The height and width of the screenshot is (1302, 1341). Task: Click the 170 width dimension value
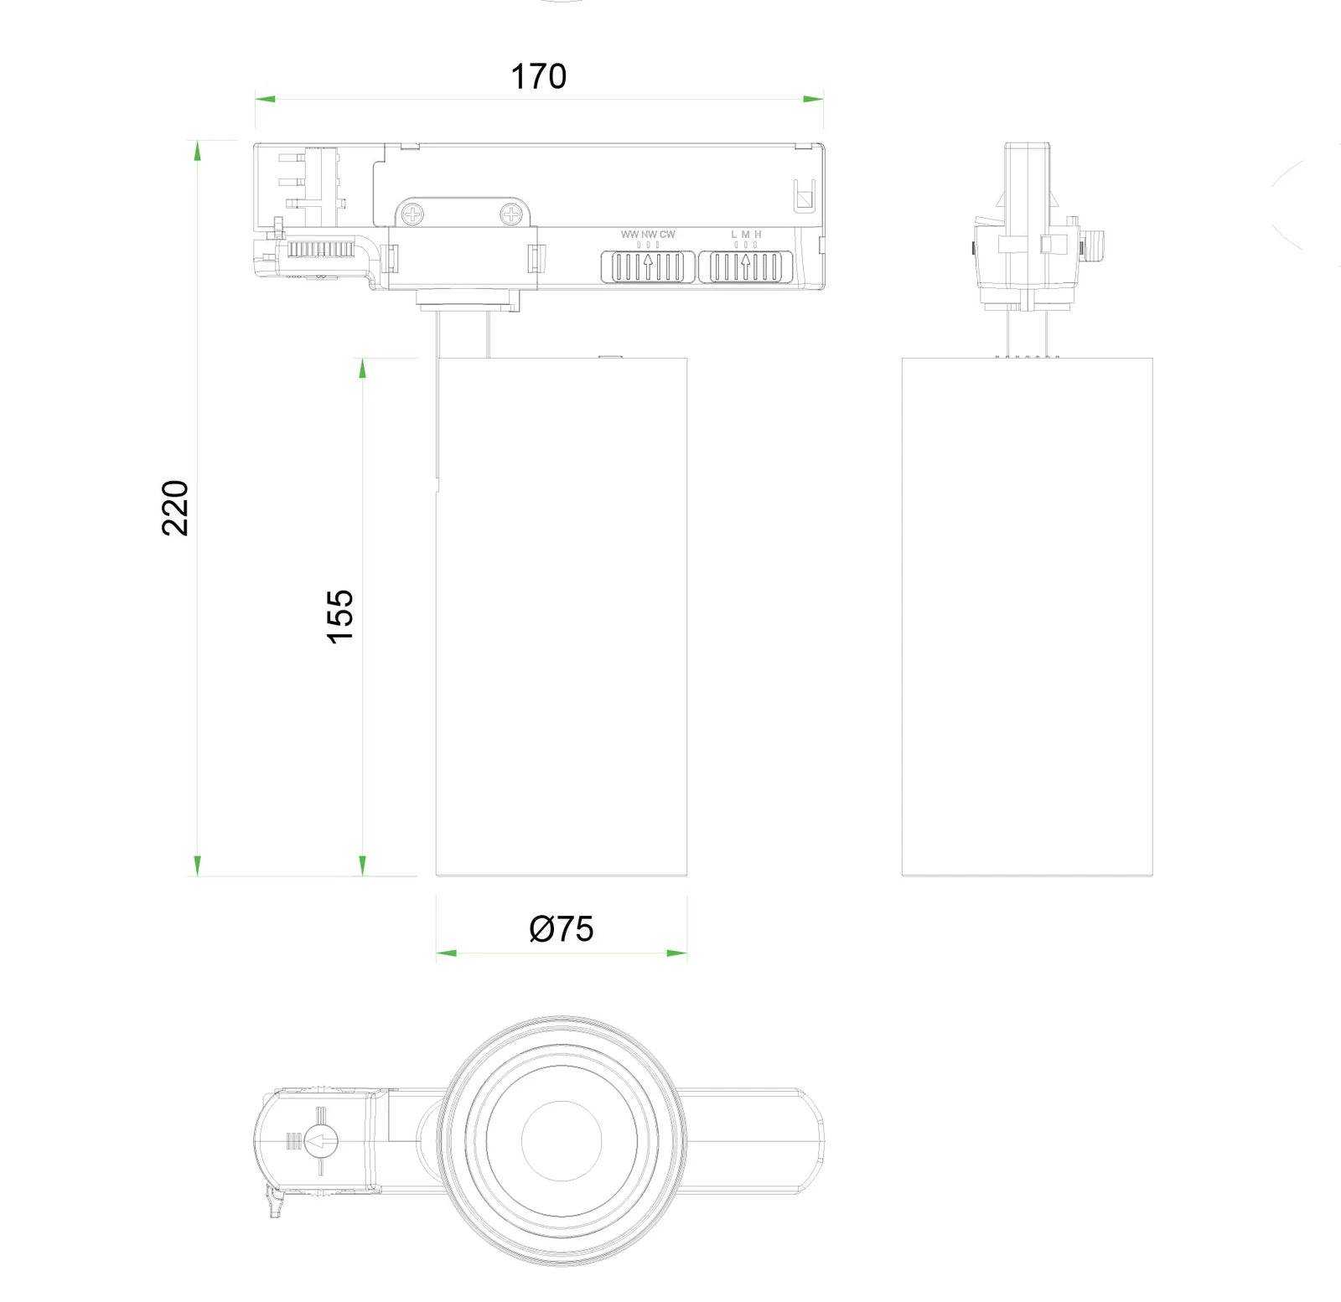click(x=538, y=76)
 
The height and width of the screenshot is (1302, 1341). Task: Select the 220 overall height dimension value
click(x=175, y=508)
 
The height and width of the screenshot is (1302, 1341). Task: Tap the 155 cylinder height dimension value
click(x=340, y=616)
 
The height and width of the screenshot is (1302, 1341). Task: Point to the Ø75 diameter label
click(x=562, y=928)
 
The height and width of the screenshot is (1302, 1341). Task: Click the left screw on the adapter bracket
click(x=413, y=214)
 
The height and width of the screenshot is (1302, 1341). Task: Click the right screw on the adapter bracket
click(x=511, y=215)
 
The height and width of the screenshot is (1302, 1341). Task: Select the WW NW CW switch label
click(x=648, y=235)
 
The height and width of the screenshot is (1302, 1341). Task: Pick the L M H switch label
click(x=746, y=235)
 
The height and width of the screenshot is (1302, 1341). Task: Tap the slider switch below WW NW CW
click(x=647, y=266)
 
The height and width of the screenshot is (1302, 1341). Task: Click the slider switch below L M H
click(x=746, y=266)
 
